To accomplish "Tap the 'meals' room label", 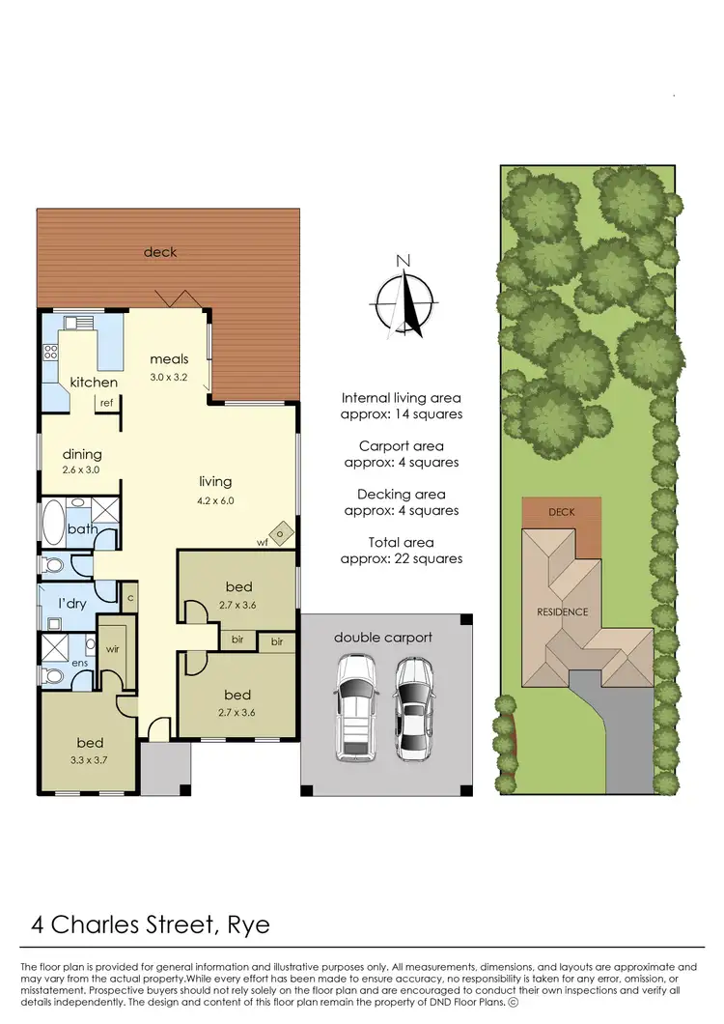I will [x=169, y=359].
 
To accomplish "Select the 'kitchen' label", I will [x=93, y=383].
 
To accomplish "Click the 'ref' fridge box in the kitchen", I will [x=105, y=404].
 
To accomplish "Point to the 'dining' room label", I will [x=82, y=454].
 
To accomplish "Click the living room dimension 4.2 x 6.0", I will [x=215, y=500].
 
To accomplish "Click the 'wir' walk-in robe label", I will [x=112, y=649].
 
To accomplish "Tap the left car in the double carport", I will [x=354, y=708].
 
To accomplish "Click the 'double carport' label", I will [x=383, y=638].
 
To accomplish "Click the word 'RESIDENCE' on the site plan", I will [x=562, y=612].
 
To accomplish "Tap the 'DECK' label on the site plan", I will [x=561, y=511].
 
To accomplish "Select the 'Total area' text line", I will [x=401, y=541].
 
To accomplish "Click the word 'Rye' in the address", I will [x=248, y=924].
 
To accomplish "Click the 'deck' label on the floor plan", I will [x=160, y=252].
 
